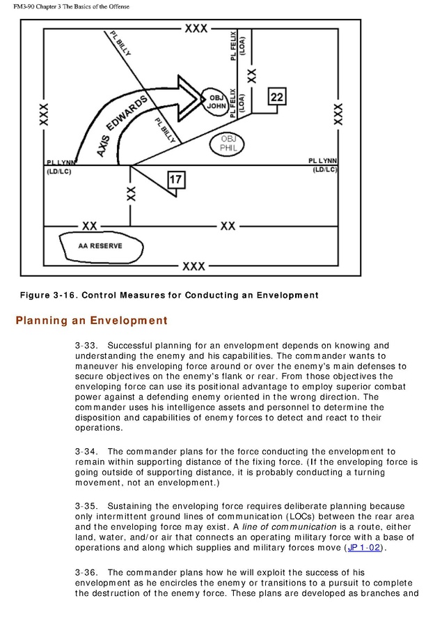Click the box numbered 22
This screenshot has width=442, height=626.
pos(277,98)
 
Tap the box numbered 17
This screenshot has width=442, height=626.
pos(176,181)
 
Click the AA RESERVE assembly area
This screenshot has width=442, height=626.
pos(100,246)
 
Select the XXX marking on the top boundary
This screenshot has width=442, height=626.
pos(195,28)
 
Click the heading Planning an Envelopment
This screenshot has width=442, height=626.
pos(91,321)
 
